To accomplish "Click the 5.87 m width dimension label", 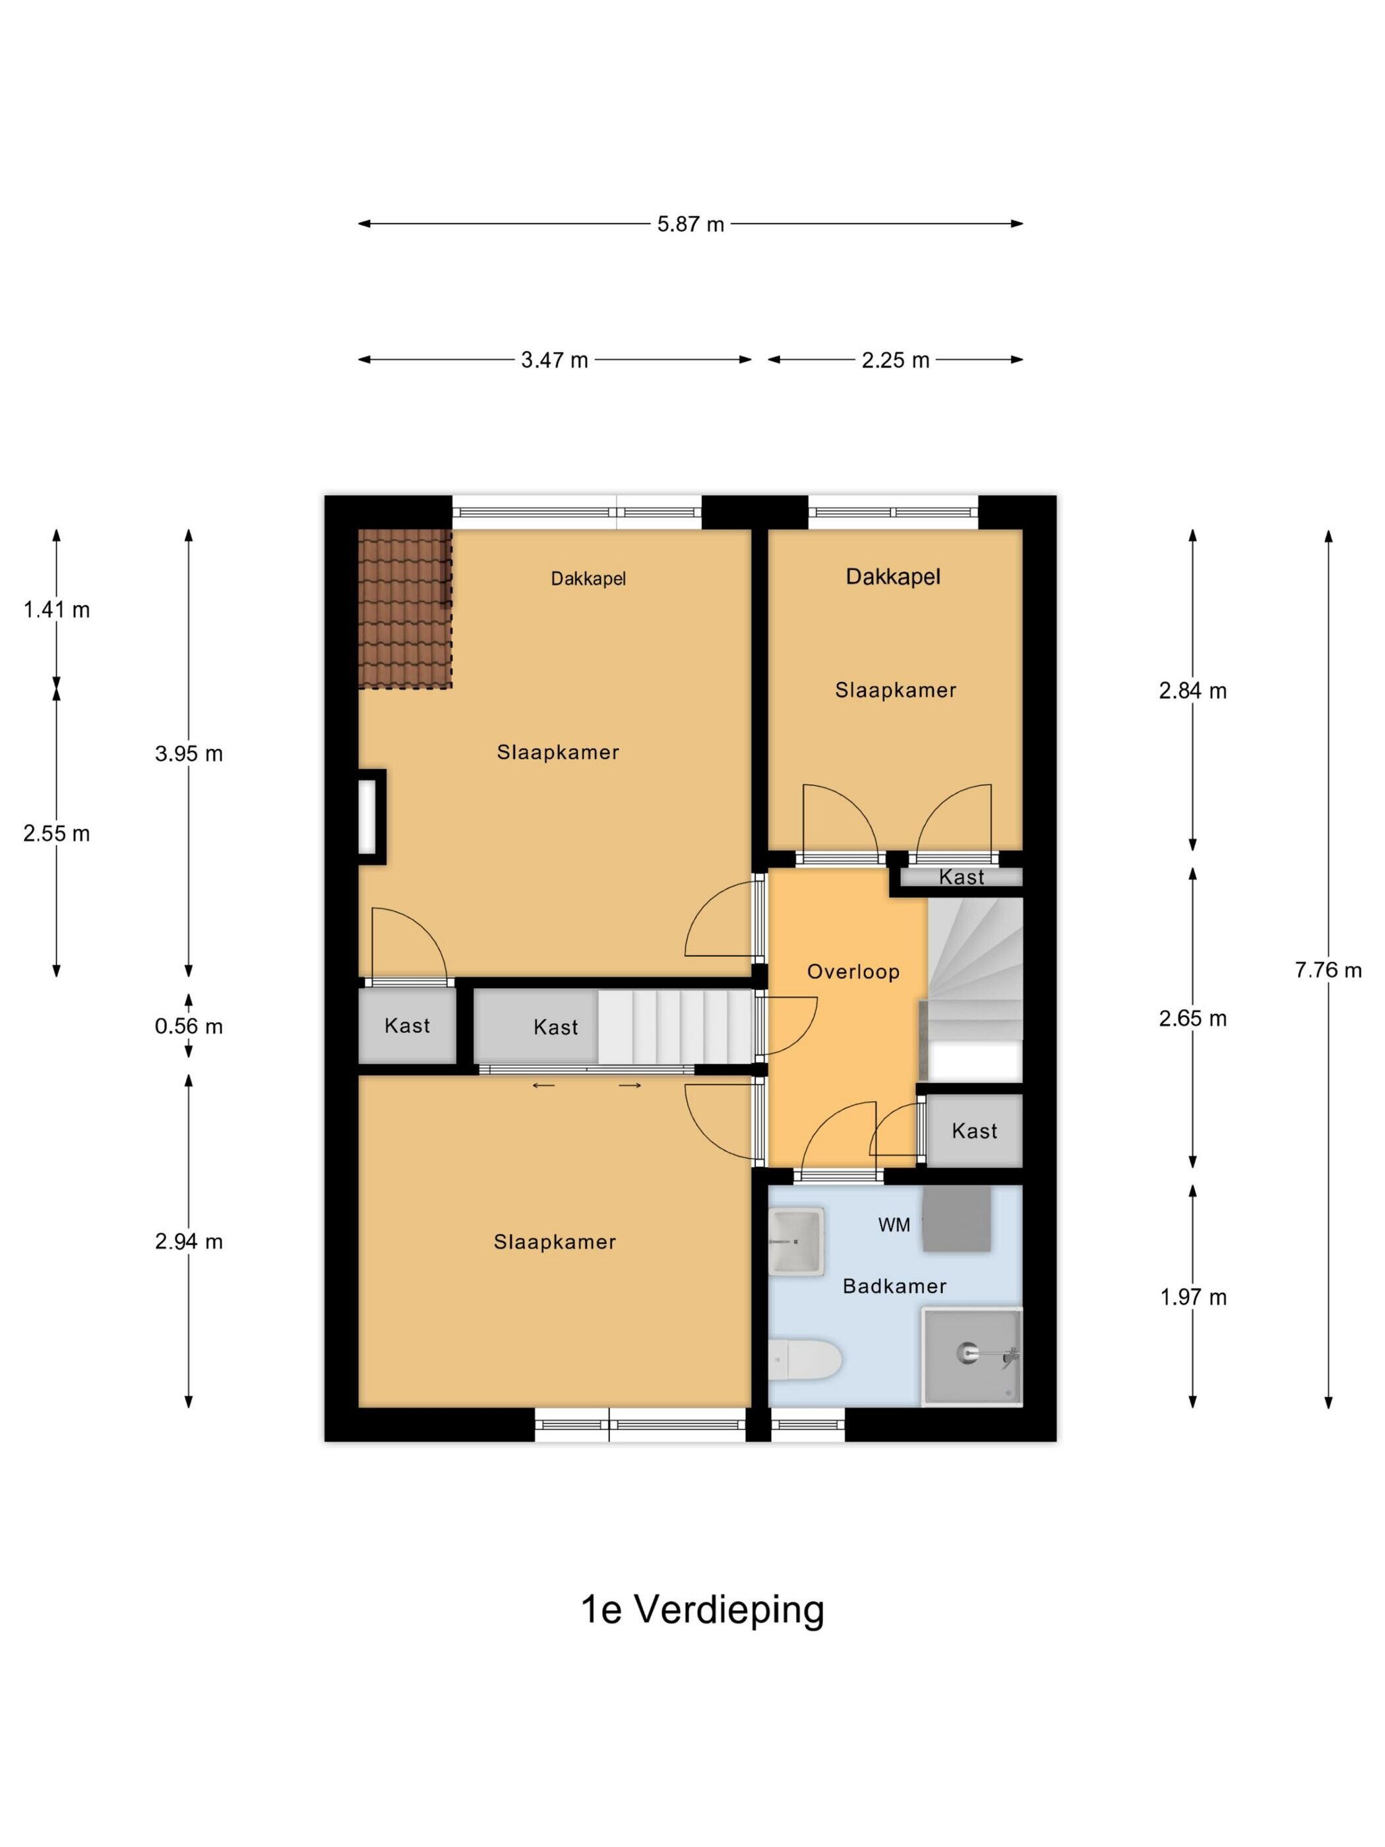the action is point(690,224).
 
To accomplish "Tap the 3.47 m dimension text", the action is point(555,360).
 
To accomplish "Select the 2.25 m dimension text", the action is point(895,360).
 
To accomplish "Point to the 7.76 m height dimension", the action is point(1328,970).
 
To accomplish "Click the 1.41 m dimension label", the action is point(57,610).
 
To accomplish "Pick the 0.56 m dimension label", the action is point(189,1026).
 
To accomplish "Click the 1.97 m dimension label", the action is point(1193,1297).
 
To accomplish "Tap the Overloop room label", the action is point(853,972).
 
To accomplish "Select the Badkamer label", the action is point(894,1286).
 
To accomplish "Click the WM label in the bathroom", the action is point(894,1225).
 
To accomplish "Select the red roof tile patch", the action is point(405,609).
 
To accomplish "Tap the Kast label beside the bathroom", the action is point(974,1131).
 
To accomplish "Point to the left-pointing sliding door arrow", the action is point(543,1086).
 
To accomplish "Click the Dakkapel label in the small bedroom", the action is point(893,576).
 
